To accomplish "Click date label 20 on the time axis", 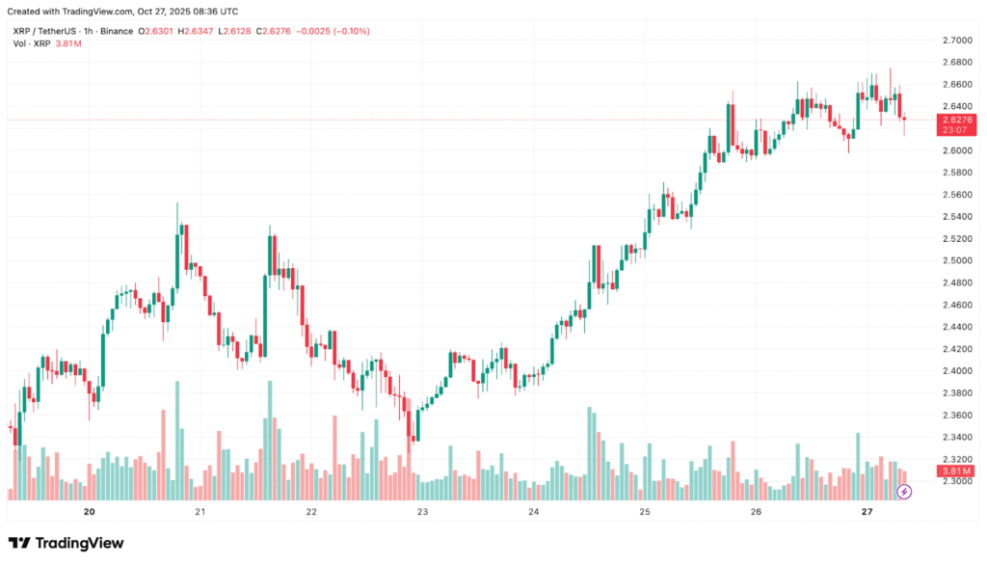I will pyautogui.click(x=90, y=512).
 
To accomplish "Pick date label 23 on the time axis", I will pyautogui.click(x=422, y=512).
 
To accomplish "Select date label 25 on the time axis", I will pyautogui.click(x=644, y=512).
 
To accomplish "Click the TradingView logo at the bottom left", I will pyautogui.click(x=67, y=543).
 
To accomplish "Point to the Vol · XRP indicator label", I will pyautogui.click(x=31, y=44).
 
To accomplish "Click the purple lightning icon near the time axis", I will pyautogui.click(x=904, y=492).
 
